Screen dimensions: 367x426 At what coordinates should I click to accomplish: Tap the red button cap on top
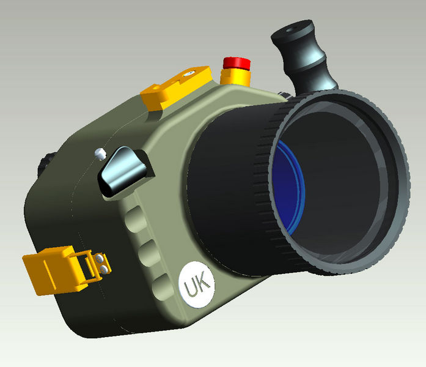(x=237, y=62)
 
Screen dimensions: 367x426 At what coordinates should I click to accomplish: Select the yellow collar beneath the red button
(x=236, y=77)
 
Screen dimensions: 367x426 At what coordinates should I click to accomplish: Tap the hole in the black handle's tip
(x=296, y=28)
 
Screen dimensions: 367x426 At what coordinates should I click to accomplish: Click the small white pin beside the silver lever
(x=101, y=152)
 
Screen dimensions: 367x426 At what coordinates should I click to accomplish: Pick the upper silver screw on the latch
(x=99, y=259)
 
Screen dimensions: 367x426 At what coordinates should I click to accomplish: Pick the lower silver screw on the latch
(x=105, y=269)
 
